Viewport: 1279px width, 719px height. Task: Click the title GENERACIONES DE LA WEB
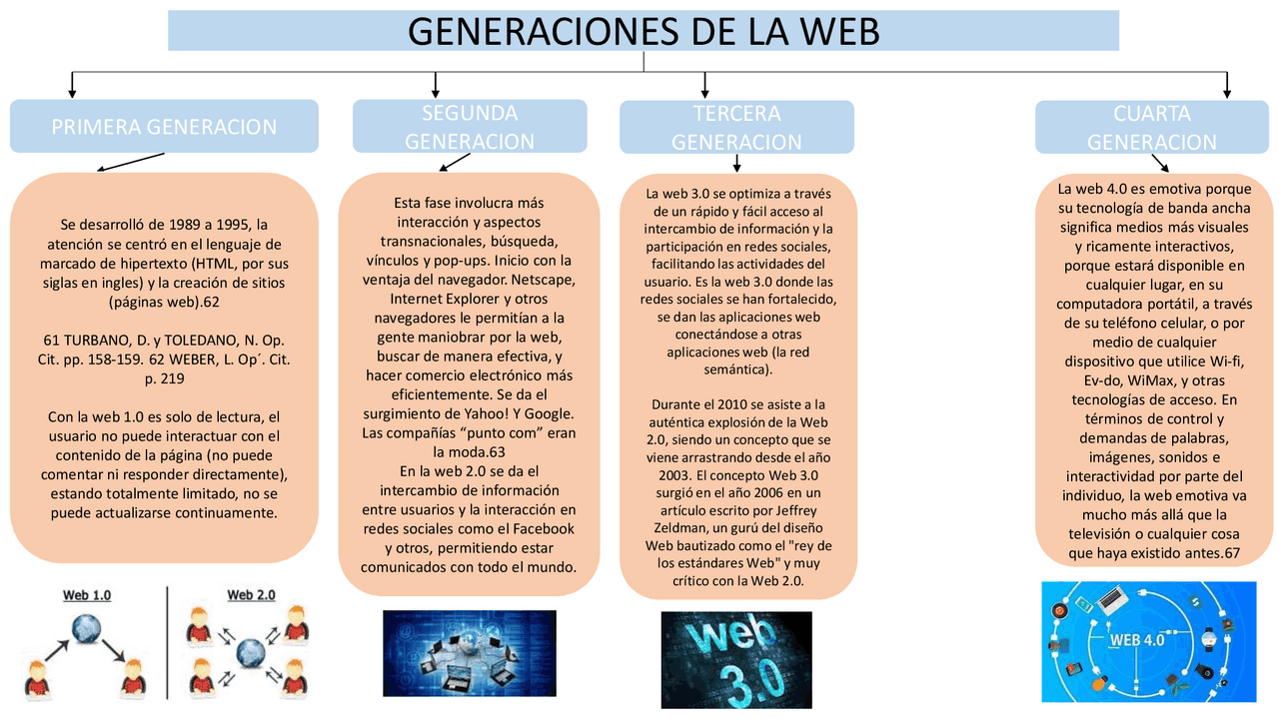point(643,31)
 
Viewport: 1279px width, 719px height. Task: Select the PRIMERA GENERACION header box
point(164,127)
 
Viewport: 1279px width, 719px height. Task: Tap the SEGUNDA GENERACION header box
point(470,127)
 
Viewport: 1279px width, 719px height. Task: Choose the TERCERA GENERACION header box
point(736,128)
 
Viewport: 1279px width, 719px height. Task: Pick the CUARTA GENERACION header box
point(1151,128)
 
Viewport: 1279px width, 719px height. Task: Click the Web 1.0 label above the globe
point(87,595)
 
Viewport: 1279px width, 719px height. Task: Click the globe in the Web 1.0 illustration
point(86,629)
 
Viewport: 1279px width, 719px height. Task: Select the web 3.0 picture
point(736,659)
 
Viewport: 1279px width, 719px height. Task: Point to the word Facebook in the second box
point(539,528)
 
